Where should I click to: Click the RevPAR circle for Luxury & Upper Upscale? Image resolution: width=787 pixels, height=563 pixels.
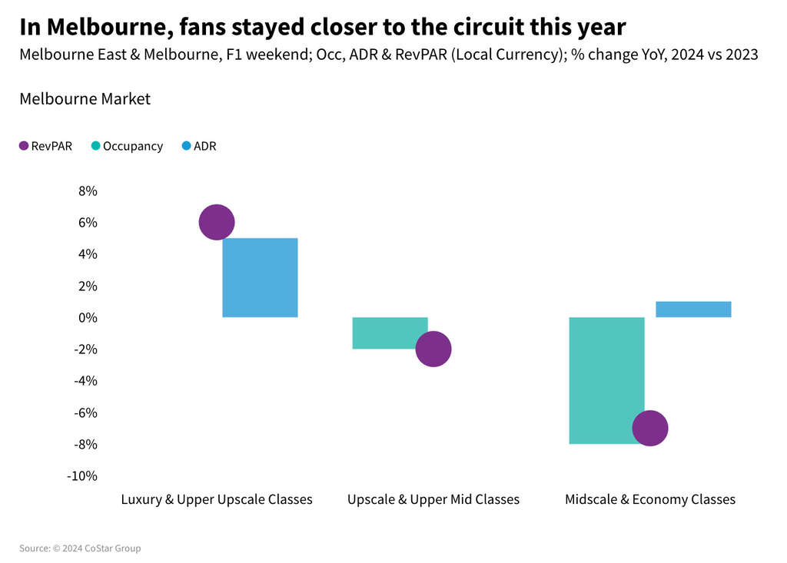click(x=217, y=223)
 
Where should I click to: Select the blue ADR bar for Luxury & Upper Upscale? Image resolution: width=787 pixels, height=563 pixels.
click(x=261, y=277)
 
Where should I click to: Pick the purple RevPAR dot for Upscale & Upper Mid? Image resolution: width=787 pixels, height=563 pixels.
click(x=433, y=349)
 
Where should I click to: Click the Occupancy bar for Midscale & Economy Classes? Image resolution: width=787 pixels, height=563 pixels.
click(x=606, y=369)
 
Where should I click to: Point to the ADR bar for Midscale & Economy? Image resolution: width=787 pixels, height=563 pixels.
click(x=693, y=309)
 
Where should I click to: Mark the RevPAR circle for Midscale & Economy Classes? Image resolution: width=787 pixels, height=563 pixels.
click(x=650, y=429)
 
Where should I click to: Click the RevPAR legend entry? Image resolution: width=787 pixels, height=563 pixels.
click(x=46, y=146)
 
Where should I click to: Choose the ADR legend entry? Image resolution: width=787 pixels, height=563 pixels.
click(x=199, y=146)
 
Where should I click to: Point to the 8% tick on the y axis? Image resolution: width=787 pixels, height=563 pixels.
click(x=87, y=191)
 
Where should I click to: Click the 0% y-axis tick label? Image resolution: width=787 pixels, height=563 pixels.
click(x=87, y=317)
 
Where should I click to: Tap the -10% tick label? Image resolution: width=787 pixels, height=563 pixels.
click(x=82, y=475)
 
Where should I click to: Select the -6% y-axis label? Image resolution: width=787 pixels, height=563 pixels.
click(x=85, y=412)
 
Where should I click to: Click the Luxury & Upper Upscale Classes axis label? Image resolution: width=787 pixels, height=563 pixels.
click(x=217, y=499)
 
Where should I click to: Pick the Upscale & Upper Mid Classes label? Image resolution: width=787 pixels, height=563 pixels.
click(x=433, y=499)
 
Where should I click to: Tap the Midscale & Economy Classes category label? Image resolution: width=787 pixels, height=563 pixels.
click(x=650, y=499)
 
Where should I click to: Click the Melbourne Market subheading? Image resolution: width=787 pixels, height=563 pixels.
click(x=85, y=99)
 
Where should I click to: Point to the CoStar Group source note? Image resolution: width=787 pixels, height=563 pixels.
click(x=80, y=548)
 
